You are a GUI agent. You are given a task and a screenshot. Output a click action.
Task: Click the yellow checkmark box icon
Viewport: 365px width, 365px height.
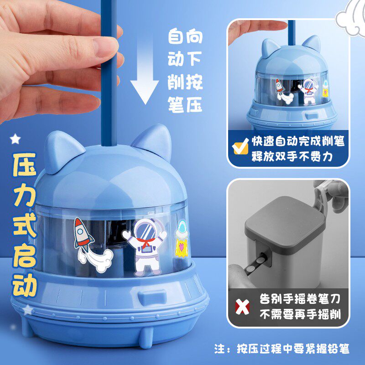pos(239,147)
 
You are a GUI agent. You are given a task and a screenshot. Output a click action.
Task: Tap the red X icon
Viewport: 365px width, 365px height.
pos(241,307)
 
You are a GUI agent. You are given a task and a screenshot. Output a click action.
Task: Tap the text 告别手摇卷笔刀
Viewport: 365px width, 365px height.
pos(299,299)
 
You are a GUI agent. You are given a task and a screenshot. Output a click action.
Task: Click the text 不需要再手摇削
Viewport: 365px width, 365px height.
pos(299,314)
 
